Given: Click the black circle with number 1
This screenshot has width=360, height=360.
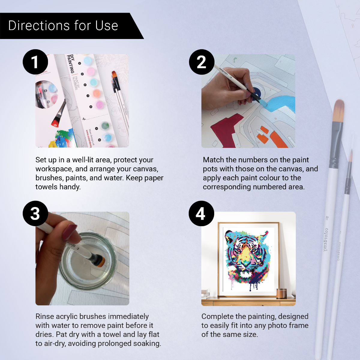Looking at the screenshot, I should click(35, 62).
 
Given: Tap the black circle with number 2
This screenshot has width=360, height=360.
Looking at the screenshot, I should click(201, 62).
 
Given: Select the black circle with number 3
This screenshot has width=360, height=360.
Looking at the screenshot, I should click(35, 213).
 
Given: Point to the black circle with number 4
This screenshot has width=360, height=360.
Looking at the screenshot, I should click(201, 213).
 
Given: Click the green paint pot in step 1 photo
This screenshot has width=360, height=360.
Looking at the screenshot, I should click(105, 125).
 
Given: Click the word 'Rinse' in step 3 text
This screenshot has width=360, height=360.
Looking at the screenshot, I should click(45, 316).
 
